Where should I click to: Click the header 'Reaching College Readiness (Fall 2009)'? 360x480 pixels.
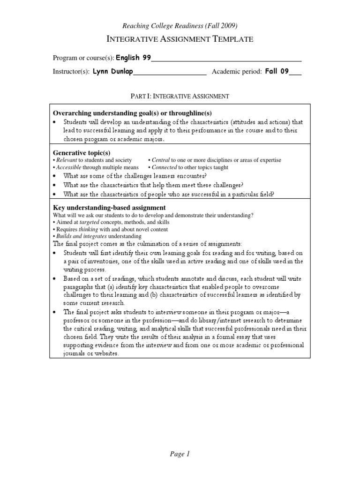180,26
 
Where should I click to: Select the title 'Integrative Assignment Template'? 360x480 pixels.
180,39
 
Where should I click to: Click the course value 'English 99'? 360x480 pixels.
134,58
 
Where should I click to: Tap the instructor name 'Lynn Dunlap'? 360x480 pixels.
113,72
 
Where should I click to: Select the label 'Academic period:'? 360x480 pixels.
237,72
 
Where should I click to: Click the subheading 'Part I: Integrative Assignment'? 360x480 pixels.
180,96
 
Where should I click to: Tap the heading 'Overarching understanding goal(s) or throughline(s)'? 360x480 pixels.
133,113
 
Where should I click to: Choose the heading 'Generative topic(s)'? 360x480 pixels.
82,153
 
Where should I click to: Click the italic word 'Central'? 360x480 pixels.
161,160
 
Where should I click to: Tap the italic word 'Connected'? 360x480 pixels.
165,167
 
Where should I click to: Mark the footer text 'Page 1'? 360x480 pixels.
180,454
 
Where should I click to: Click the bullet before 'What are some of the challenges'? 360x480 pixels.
55,176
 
